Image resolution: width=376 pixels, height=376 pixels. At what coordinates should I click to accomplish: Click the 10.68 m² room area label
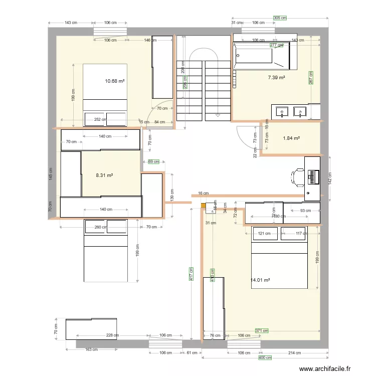[x=114, y=81]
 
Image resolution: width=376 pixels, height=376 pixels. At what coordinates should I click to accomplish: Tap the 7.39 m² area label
[x=276, y=78]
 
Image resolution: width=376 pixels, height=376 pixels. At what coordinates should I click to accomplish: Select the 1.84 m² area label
[x=291, y=138]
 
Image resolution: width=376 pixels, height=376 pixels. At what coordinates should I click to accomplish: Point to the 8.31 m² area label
[x=104, y=175]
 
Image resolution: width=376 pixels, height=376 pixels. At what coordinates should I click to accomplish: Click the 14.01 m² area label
[x=260, y=280]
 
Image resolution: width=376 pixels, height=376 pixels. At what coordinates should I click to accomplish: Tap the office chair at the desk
[x=298, y=176]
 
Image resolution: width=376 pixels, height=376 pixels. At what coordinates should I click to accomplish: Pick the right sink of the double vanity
[x=301, y=111]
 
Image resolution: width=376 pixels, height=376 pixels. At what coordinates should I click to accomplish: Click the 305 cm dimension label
[x=280, y=18]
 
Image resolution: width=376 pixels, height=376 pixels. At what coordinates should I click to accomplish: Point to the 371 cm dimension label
[x=262, y=331]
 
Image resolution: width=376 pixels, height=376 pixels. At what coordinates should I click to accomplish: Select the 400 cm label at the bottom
[x=265, y=357]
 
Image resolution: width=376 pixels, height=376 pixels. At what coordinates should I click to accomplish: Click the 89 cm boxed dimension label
[x=153, y=161]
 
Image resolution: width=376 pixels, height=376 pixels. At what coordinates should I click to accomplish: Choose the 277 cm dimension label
[x=277, y=45]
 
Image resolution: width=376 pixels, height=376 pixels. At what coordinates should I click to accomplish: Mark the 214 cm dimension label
[x=295, y=353]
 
